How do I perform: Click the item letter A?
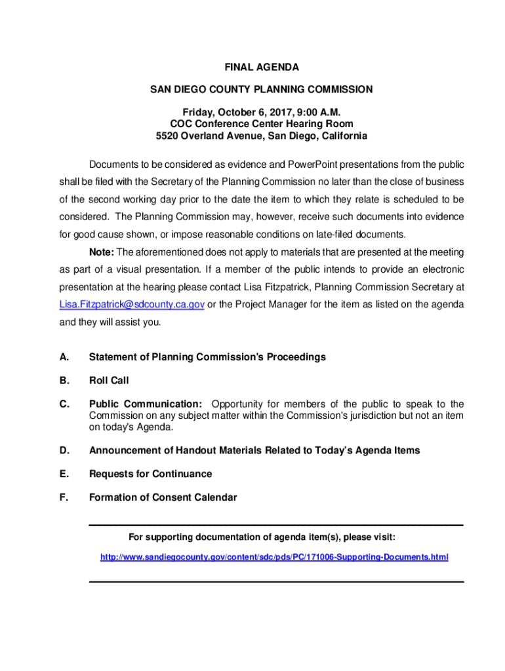[64, 357]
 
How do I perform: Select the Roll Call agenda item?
[109, 381]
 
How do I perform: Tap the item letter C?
[64, 404]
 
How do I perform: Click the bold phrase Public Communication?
[146, 404]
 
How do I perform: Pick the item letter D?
[64, 451]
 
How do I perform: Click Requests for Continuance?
[150, 474]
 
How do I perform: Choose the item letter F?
[64, 497]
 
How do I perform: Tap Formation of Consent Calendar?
[163, 497]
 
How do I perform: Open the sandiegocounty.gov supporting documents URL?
[274, 557]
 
